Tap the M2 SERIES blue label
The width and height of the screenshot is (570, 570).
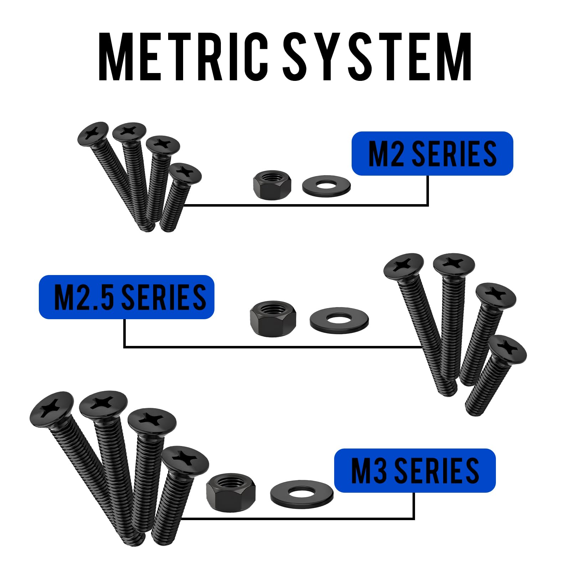(x=432, y=154)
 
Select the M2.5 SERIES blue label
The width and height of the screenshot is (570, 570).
(x=126, y=297)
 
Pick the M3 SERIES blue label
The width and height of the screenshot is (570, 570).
(x=415, y=471)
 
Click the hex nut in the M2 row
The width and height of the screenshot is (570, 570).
(x=272, y=185)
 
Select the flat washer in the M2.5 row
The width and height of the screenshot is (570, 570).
(x=339, y=320)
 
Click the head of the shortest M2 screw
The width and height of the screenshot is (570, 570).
(x=185, y=173)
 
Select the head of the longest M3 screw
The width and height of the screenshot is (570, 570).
(x=52, y=408)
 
